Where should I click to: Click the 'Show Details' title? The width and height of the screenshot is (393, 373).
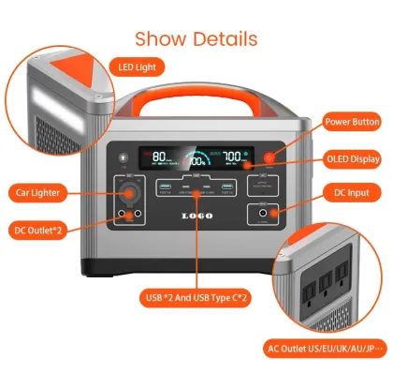click(196, 38)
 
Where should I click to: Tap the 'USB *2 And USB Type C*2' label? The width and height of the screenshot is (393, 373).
click(196, 298)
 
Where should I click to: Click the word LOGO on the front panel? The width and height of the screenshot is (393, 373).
click(197, 215)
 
